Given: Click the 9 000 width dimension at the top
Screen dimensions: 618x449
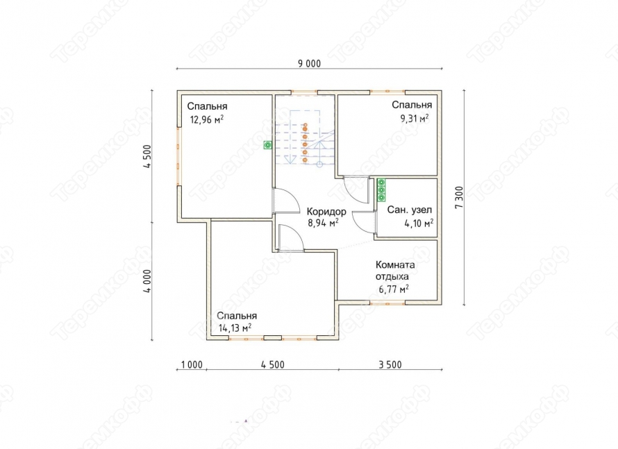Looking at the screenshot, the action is click(x=310, y=64).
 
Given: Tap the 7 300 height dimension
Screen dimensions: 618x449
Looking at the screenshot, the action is click(x=459, y=197).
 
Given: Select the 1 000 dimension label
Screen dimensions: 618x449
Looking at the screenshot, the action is click(x=192, y=365).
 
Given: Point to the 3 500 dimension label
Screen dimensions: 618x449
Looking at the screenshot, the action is click(x=390, y=365).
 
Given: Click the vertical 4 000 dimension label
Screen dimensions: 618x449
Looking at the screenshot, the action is click(x=147, y=281).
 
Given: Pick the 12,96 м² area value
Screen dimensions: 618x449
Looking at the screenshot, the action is click(x=207, y=119).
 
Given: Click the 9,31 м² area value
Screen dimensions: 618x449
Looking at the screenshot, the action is click(x=415, y=118).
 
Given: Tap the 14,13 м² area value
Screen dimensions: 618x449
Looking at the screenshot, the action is click(x=235, y=328).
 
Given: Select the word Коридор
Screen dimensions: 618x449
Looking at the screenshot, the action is click(x=327, y=212).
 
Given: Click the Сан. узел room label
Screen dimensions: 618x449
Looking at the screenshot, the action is click(x=410, y=210).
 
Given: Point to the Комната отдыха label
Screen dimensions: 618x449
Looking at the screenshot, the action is click(x=395, y=270).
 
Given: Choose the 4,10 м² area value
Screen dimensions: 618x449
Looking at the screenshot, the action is click(x=419, y=223).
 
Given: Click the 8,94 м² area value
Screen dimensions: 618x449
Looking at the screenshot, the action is click(x=323, y=223).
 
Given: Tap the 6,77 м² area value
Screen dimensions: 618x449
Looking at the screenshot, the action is click(x=394, y=289).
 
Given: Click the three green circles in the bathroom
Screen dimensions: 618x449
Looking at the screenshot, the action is click(x=381, y=189).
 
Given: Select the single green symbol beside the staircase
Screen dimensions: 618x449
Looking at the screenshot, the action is click(x=268, y=145).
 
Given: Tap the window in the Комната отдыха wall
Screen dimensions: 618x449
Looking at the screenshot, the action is click(x=387, y=303).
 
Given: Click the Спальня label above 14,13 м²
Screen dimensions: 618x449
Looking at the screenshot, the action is click(x=237, y=316).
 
